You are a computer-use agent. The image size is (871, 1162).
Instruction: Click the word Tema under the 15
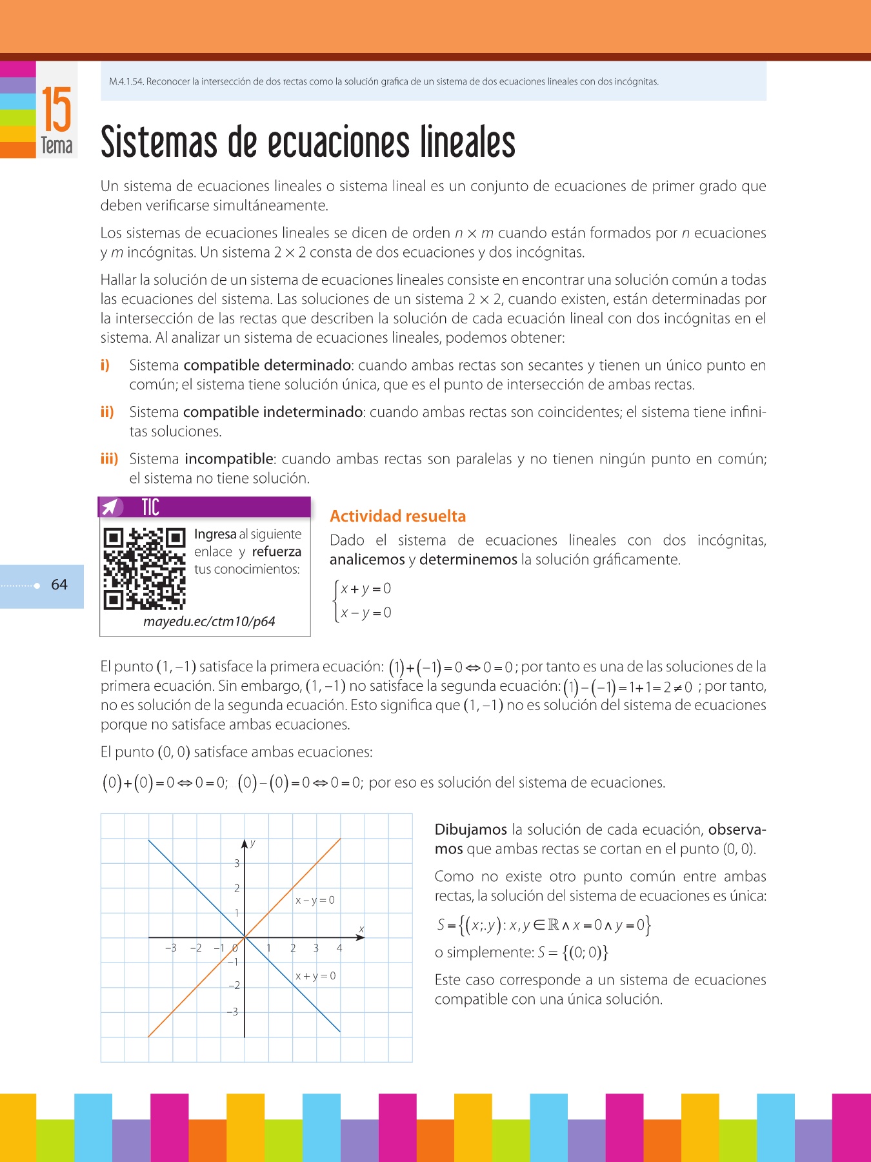tap(57, 146)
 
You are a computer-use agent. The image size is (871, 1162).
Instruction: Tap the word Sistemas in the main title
tap(159, 143)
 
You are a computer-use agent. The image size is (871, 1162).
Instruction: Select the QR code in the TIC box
tap(145, 569)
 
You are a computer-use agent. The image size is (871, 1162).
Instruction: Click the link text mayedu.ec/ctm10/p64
tap(209, 622)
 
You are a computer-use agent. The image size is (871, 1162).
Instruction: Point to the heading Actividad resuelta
tap(397, 516)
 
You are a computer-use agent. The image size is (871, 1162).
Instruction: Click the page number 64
tap(59, 585)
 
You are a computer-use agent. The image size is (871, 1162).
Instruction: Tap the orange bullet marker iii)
tap(109, 459)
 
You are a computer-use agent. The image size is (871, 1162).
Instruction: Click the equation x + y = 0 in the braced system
tap(366, 589)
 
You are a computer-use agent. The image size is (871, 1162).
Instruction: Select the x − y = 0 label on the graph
tap(315, 900)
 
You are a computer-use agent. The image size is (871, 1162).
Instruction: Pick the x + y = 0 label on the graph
tap(315, 975)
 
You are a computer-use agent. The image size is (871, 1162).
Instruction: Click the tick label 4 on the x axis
tap(339, 948)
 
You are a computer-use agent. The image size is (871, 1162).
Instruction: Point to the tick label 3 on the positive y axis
tap(237, 864)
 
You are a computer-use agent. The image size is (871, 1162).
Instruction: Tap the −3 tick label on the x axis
tap(171, 948)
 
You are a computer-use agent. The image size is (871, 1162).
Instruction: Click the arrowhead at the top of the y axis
tap(245, 844)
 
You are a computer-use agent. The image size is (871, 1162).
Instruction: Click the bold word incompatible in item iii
tap(229, 459)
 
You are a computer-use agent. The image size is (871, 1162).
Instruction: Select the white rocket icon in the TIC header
tap(110, 507)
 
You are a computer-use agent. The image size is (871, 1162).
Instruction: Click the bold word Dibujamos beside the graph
tap(470, 830)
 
